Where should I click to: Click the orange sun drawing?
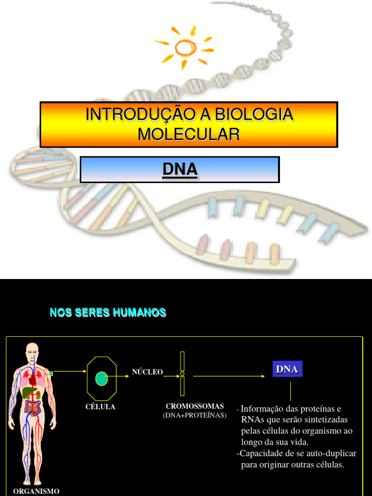(x=185, y=47)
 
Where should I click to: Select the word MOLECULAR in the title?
(x=188, y=134)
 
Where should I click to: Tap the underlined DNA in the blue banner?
(x=180, y=170)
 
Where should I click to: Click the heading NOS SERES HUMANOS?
(x=108, y=313)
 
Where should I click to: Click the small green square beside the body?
(x=50, y=373)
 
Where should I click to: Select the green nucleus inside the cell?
(x=101, y=378)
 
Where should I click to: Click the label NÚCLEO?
(x=147, y=372)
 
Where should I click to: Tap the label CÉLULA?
(x=100, y=407)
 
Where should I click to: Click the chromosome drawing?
(x=182, y=373)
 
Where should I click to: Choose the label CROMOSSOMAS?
(x=195, y=406)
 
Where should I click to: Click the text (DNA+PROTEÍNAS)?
(x=195, y=416)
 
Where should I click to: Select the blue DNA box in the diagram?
(x=287, y=370)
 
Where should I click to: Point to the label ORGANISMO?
(x=36, y=491)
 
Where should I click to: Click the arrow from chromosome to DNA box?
(x=228, y=376)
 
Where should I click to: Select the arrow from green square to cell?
(x=69, y=372)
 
